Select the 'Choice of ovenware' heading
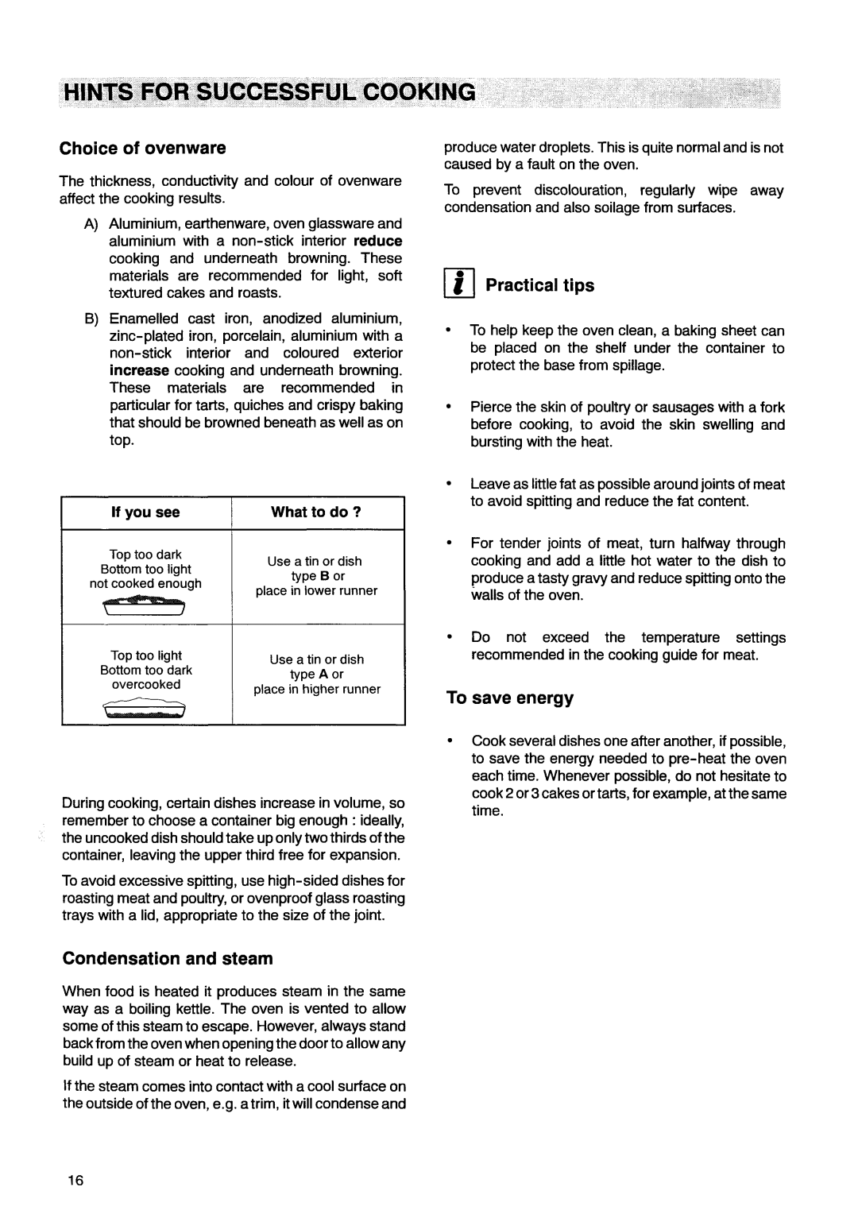coord(144,149)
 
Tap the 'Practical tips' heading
coord(539,285)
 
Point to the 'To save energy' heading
coord(508,698)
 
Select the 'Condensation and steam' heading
coord(167,959)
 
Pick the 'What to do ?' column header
coord(316,512)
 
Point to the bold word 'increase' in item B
coord(139,371)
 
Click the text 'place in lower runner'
coord(316,591)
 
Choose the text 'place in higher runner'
coord(317,690)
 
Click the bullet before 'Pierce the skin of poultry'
coord(450,408)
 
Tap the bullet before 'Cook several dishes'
coord(450,741)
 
